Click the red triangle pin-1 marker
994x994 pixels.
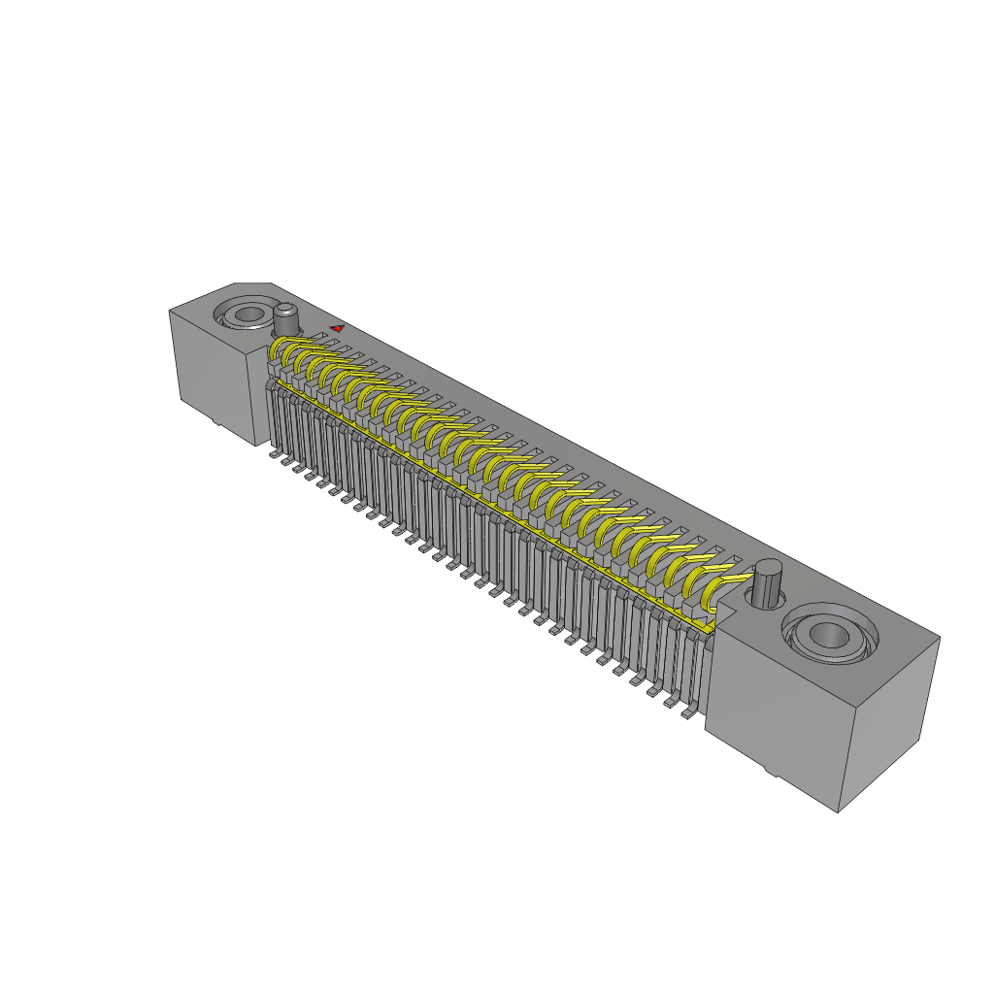[x=337, y=329]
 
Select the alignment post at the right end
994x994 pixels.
[x=768, y=585]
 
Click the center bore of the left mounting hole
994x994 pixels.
[x=249, y=315]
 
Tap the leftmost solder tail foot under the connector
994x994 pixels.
[x=275, y=452]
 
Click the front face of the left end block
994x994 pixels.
[x=214, y=374]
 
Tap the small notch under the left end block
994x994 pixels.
[x=215, y=424]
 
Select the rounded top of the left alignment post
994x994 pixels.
[x=286, y=310]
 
